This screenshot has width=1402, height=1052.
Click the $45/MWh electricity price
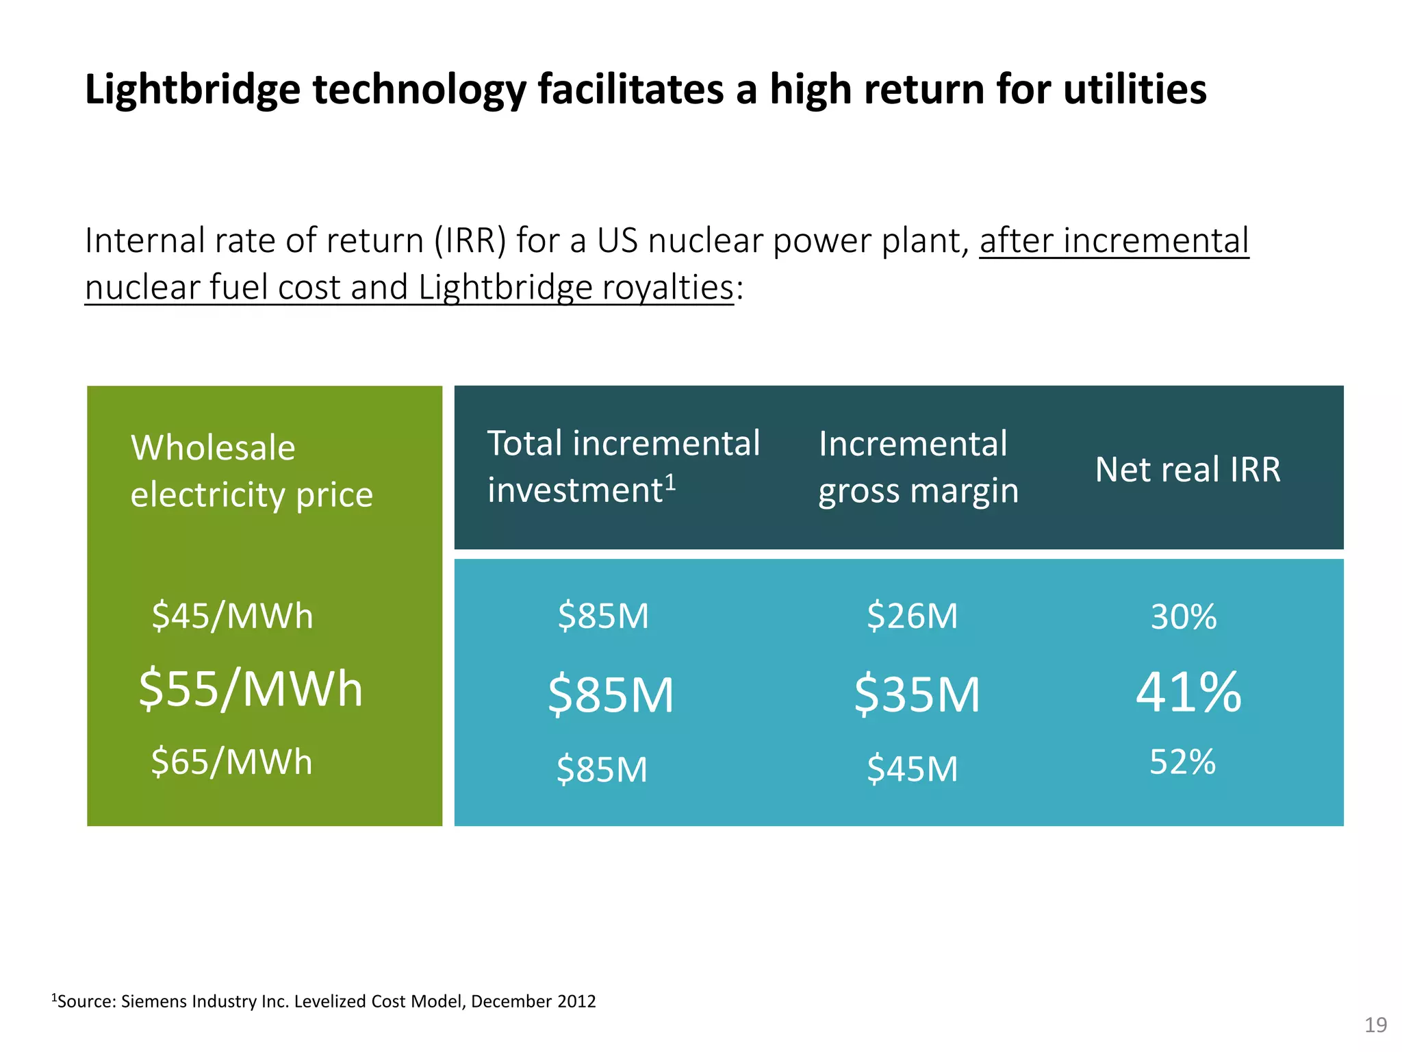point(232,616)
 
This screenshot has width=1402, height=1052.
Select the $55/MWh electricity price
point(251,689)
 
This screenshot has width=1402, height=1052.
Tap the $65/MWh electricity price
point(231,762)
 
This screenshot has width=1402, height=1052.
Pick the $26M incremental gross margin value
point(912,616)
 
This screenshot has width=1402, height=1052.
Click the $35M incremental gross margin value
point(917,694)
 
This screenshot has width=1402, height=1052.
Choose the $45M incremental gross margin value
point(912,769)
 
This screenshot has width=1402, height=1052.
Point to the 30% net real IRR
point(1183,617)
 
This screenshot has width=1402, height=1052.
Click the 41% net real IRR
point(1188,693)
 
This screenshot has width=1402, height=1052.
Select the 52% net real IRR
point(1182,762)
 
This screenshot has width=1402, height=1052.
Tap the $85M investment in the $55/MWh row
point(611,694)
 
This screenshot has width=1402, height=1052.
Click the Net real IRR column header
point(1188,470)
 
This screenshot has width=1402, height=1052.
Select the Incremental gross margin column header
point(918,467)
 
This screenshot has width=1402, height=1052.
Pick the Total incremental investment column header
point(623,466)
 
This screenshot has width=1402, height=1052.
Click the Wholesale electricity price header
point(251,471)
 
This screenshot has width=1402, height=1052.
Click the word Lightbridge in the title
point(192,90)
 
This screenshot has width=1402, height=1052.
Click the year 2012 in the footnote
point(576,1001)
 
